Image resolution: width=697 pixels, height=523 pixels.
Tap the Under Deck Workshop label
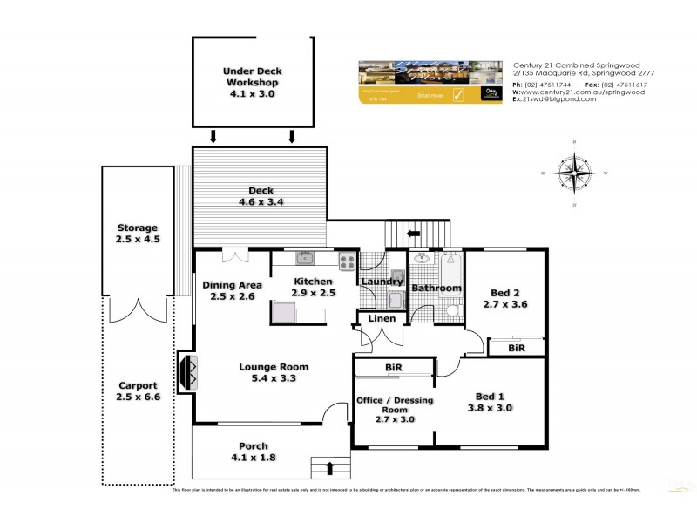[252, 81]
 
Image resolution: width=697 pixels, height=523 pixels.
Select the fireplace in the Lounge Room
[187, 370]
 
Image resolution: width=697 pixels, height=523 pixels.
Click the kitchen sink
[304, 257]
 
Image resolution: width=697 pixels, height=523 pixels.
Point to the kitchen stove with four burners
[346, 259]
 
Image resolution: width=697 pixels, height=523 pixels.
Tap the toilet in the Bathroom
[451, 309]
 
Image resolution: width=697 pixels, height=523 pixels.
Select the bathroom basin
[422, 259]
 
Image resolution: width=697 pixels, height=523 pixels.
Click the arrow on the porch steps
[330, 469]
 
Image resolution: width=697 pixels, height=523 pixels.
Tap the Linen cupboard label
[382, 319]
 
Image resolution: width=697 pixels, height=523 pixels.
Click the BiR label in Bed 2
[516, 348]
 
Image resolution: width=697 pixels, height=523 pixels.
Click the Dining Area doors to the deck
[233, 255]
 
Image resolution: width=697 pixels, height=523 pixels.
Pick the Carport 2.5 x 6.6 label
[139, 391]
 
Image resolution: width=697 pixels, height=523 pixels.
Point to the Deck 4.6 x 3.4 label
[261, 196]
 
